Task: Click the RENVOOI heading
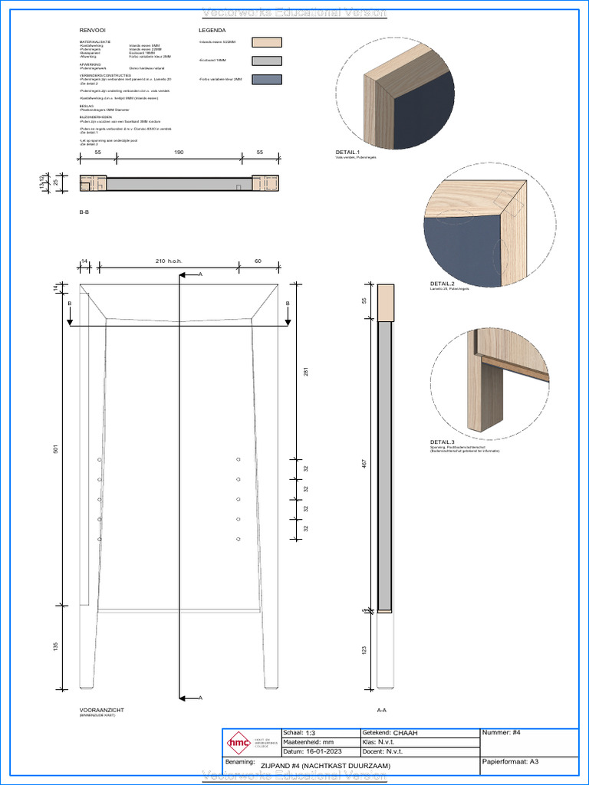click(x=92, y=31)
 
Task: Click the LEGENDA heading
click(x=212, y=31)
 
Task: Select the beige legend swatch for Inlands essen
click(x=267, y=43)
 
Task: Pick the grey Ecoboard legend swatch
click(x=267, y=61)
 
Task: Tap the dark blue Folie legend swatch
click(x=267, y=80)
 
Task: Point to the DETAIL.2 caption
click(x=443, y=284)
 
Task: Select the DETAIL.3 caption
click(x=443, y=442)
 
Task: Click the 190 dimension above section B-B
click(x=179, y=153)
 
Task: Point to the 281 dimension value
click(x=305, y=373)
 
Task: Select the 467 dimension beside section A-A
click(x=364, y=464)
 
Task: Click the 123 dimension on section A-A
click(x=364, y=650)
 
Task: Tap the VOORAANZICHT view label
click(x=101, y=710)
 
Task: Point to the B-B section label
click(x=84, y=211)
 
